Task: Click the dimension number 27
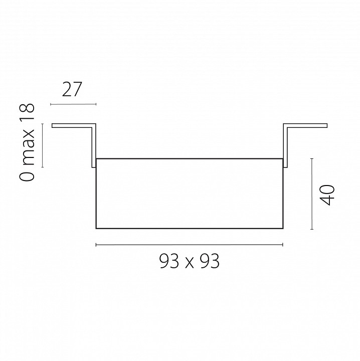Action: [x=72, y=89]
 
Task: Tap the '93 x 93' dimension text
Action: [x=189, y=261]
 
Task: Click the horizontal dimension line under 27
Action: [x=73, y=104]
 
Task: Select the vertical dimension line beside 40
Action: [x=312, y=194]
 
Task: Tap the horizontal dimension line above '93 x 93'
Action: [x=189, y=245]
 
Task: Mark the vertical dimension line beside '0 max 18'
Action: [x=42, y=145]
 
